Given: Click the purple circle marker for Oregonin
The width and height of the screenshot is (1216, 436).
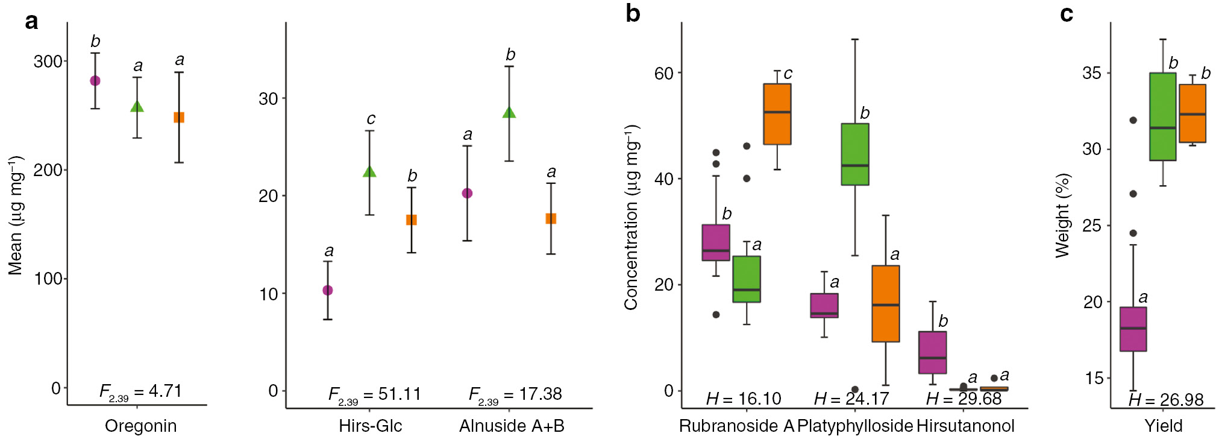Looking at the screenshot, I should (95, 81).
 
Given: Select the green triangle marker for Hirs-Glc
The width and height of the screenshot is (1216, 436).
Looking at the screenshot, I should (369, 172).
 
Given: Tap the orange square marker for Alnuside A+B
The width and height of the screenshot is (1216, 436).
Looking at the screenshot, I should (551, 218).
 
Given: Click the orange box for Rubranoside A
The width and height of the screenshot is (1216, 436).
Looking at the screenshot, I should (777, 114).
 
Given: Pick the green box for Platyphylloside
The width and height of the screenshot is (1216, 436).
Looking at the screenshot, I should (855, 154).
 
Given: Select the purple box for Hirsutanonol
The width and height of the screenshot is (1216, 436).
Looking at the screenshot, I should (932, 352).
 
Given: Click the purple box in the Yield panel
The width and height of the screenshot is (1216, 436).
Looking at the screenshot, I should (1133, 329).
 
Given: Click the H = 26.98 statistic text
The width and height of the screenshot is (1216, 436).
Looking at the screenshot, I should (1166, 400).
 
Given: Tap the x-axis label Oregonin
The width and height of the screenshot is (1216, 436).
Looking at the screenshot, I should (140, 426).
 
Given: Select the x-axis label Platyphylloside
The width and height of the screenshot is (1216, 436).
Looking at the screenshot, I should (855, 426).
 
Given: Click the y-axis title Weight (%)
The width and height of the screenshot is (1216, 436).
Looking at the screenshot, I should (1062, 215).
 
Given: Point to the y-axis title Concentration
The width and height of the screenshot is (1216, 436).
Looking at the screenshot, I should (631, 217).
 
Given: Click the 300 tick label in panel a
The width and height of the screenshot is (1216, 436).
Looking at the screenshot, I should (48, 62).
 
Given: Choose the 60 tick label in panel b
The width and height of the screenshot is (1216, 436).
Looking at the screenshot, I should (663, 73).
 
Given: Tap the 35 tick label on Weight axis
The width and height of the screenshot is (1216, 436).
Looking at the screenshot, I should (1091, 73).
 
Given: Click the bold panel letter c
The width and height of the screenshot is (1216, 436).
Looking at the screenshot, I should (1067, 14).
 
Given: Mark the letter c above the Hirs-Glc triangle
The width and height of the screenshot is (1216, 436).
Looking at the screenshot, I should (371, 119).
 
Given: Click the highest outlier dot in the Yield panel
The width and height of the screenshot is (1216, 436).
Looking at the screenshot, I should (1133, 121).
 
